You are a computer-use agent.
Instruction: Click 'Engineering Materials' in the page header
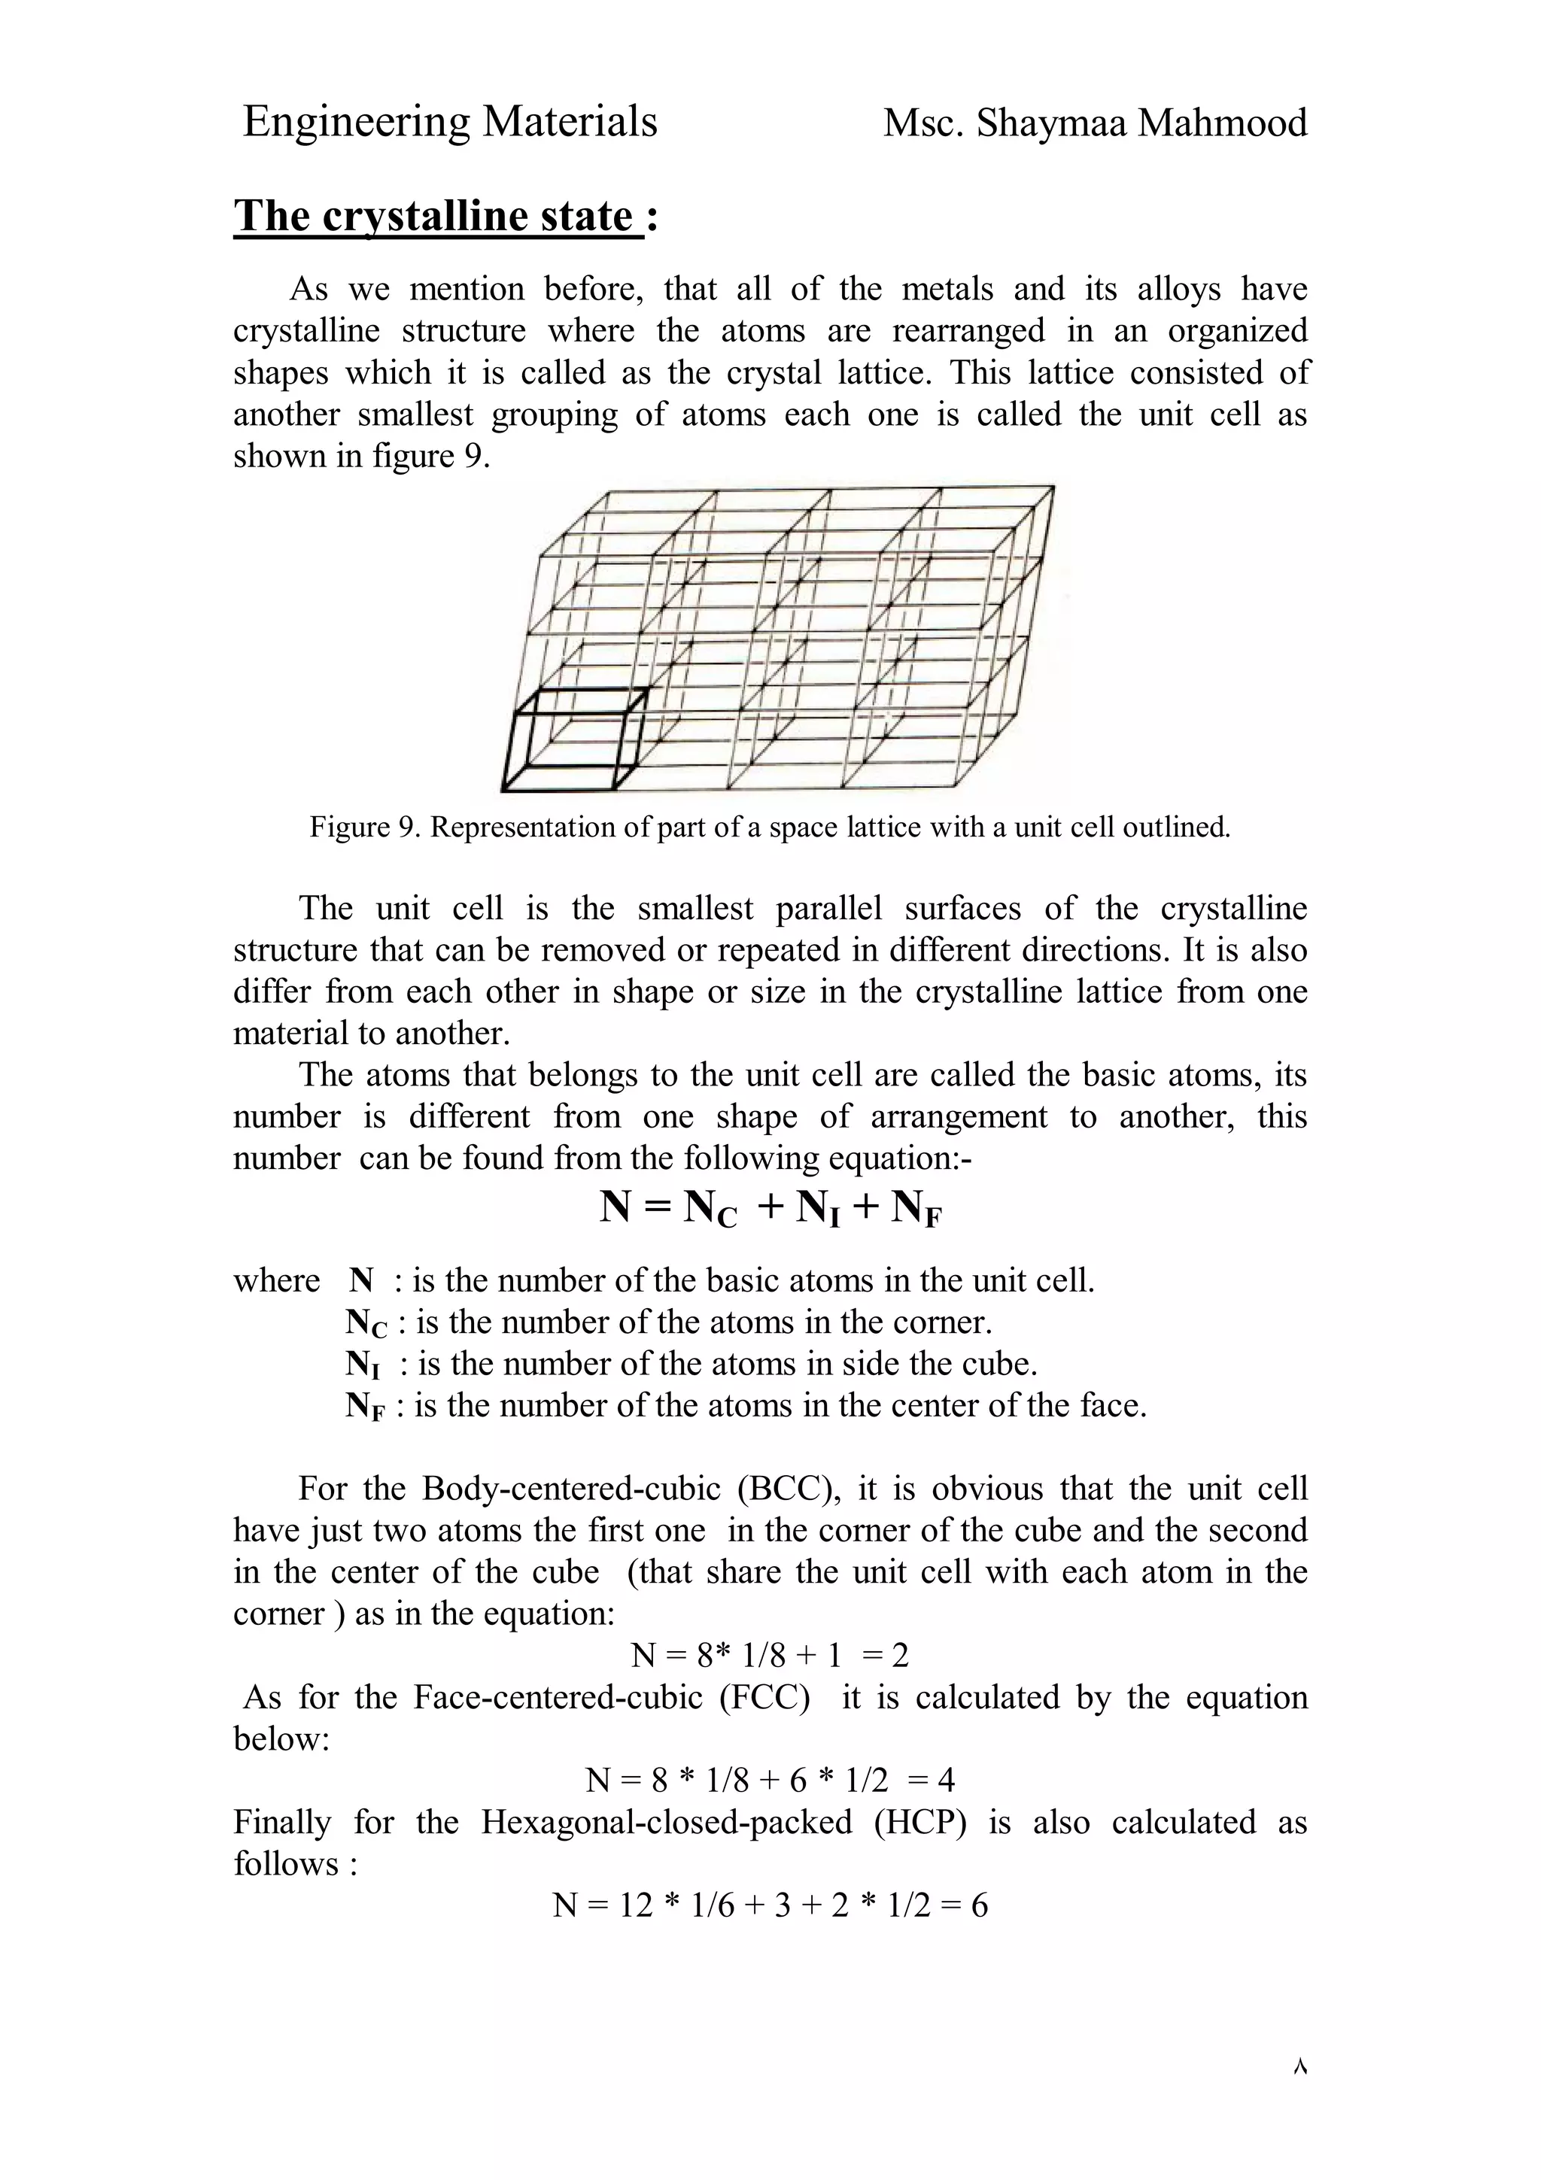point(449,123)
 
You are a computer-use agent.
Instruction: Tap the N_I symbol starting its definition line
point(363,1365)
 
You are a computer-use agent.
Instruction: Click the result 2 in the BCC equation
point(900,1656)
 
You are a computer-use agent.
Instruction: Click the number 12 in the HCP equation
point(635,1905)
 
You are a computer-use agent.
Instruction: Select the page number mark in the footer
point(1299,2067)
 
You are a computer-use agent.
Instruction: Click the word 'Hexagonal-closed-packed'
point(666,1822)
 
